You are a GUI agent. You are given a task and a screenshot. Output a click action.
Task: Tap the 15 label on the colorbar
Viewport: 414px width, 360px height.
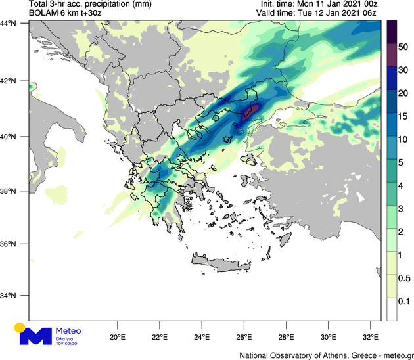tap(405, 116)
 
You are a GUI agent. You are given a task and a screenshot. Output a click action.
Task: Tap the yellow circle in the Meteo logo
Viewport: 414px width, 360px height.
tap(20, 326)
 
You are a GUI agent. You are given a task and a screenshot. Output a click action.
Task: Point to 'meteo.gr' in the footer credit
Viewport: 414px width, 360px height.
tap(392, 354)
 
